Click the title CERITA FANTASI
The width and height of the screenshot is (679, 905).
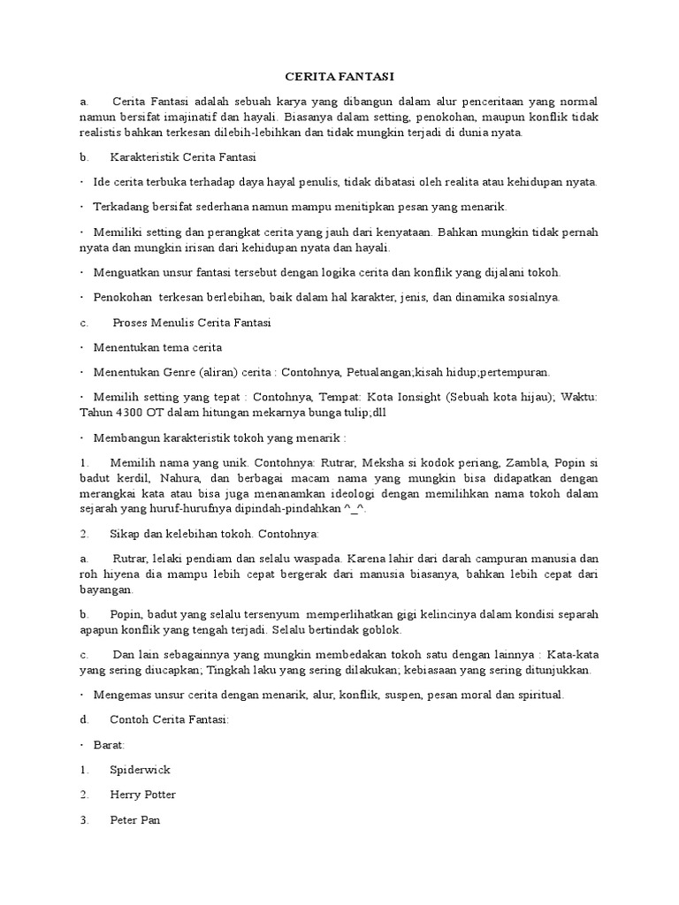(339, 78)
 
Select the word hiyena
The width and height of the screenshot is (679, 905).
(120, 574)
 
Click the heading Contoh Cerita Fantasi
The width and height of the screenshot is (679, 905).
(170, 720)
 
